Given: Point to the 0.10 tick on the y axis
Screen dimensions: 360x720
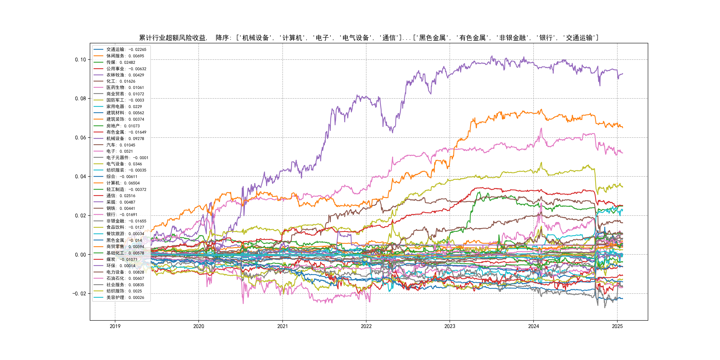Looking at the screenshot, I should point(80,60).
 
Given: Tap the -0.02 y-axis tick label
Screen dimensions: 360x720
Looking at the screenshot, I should point(79,294).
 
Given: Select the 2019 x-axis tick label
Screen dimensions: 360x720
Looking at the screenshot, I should point(115,326).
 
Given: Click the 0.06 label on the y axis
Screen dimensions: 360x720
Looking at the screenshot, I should point(80,138).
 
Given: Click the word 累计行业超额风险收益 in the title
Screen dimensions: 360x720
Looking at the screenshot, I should point(172,38).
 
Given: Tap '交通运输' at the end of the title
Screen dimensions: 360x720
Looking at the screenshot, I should point(579,38).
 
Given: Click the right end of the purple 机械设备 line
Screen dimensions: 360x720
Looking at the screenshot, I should point(622,74).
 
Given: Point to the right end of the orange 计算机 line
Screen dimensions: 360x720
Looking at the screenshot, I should point(622,128).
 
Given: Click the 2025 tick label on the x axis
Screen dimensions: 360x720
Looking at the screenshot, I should point(617,326).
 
